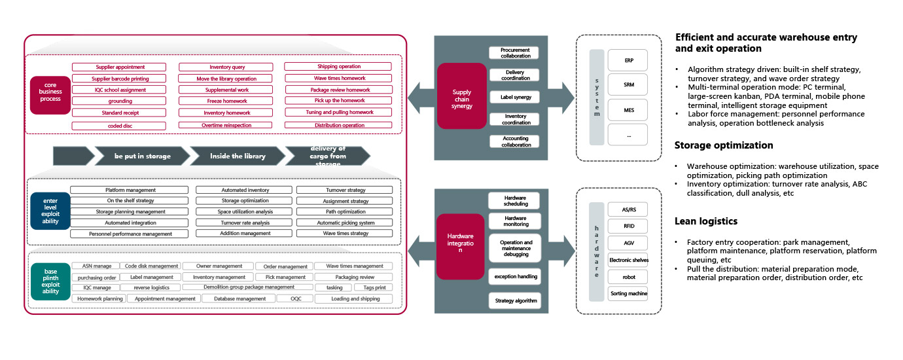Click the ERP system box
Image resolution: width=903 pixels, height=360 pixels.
pos(628,60)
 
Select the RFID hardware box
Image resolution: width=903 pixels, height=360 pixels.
pos(628,226)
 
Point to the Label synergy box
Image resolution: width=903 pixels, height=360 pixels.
pos(514,97)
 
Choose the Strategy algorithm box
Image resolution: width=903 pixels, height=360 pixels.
pos(514,301)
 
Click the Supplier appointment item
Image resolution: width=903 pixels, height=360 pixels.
pos(120,67)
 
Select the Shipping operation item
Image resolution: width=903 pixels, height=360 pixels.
pos(338,67)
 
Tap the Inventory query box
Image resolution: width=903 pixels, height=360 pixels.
pos(226,67)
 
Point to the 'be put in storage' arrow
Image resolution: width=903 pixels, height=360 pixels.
pos(142,156)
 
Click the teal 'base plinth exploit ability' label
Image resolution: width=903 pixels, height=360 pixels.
pos(50,281)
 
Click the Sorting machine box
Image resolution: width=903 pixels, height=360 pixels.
pos(628,293)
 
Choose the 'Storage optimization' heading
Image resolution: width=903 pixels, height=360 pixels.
pos(724,145)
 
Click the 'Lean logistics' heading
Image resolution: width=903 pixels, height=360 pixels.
pos(706,222)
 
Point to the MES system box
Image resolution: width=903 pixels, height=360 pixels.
pos(628,110)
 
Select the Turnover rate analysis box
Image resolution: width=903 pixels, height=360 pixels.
pos(245,223)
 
